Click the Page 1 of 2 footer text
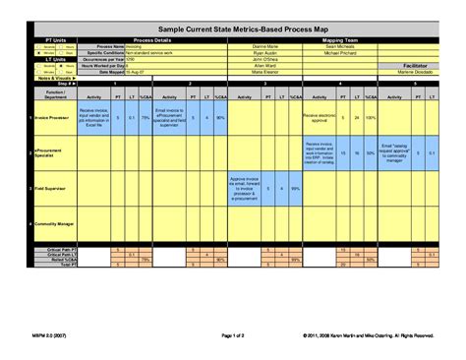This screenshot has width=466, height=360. click(232, 335)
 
